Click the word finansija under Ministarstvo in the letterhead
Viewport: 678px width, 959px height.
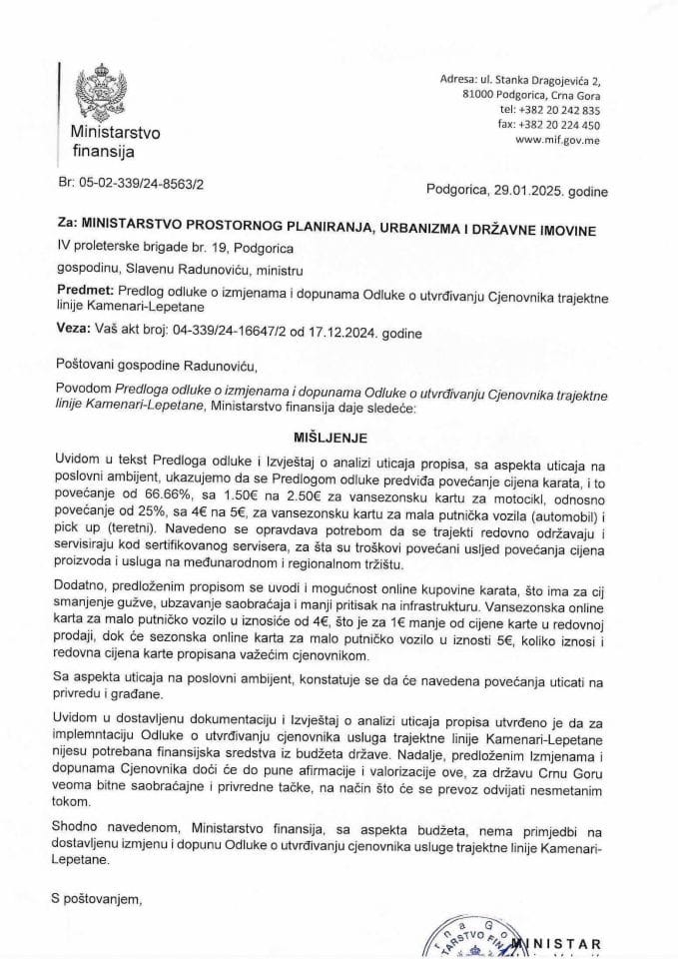102,152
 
